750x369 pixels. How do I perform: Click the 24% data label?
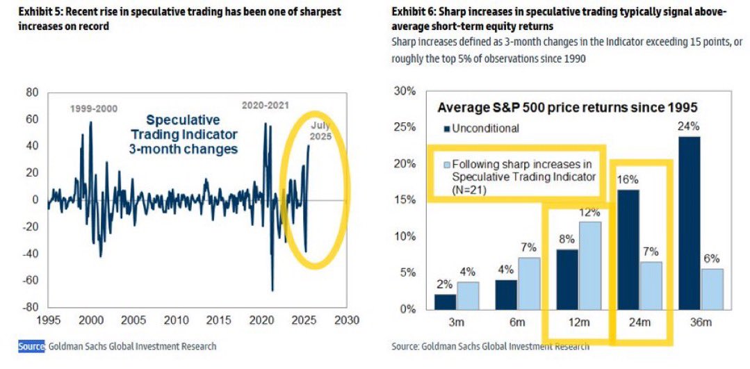coord(690,126)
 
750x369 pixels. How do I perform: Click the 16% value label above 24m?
coord(627,179)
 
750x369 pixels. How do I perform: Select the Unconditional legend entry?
coord(481,128)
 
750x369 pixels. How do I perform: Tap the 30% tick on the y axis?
coord(405,91)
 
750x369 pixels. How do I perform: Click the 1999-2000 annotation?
coord(93,108)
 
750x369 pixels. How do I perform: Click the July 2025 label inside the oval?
coord(320,131)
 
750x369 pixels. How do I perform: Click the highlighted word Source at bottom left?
coord(32,345)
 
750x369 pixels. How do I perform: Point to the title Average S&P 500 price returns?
coord(566,108)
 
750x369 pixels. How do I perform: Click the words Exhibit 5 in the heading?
coord(38,13)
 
